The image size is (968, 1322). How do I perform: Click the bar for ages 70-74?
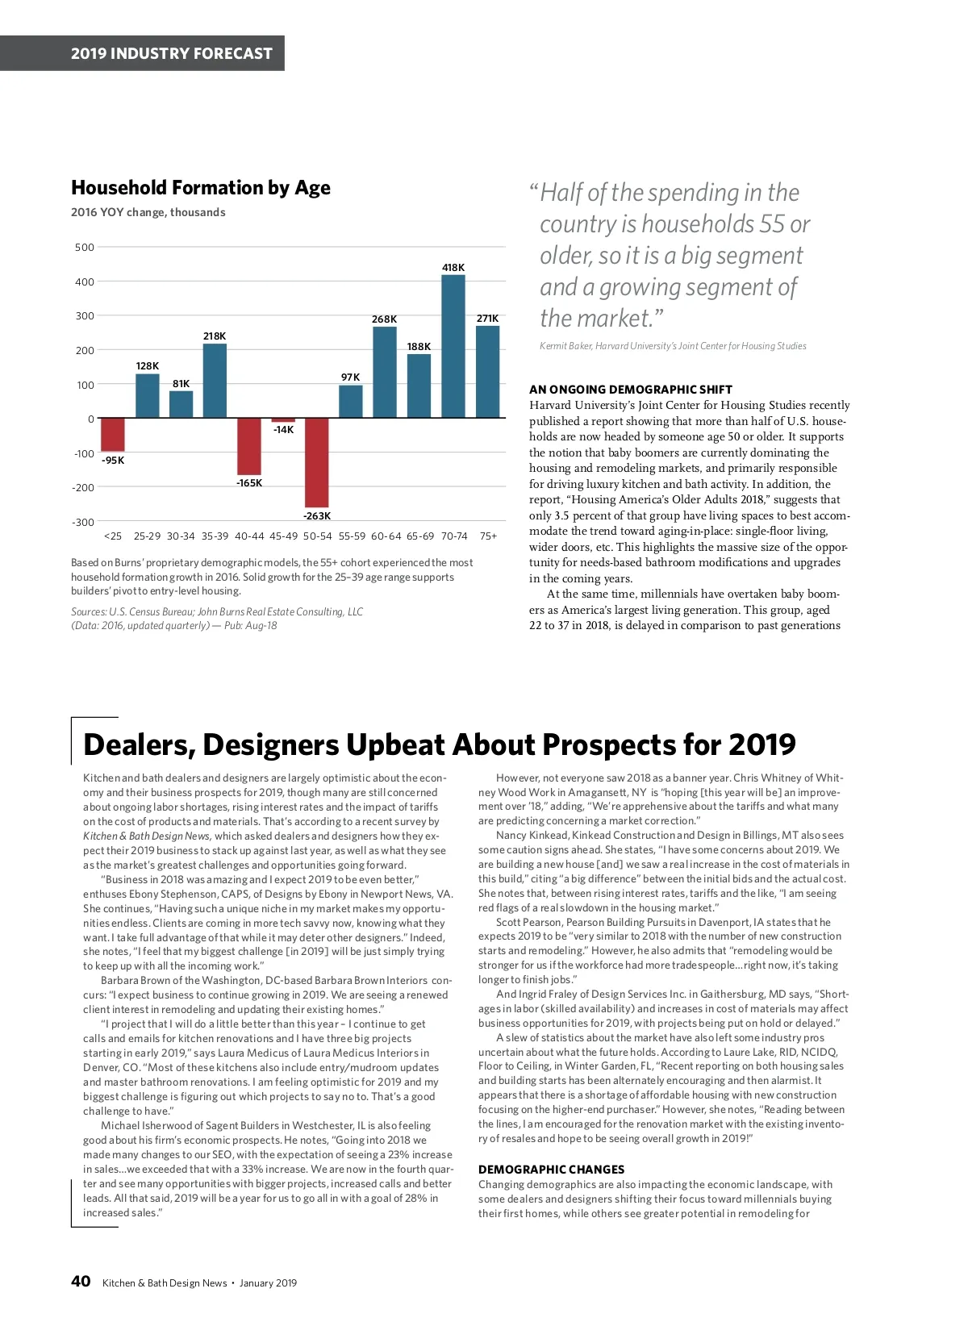click(453, 346)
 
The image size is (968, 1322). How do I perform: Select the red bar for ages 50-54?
click(316, 462)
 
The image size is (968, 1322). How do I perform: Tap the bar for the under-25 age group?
click(113, 434)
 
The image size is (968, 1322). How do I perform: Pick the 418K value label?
click(453, 267)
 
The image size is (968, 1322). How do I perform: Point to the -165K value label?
click(249, 482)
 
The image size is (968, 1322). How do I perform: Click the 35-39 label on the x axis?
click(215, 536)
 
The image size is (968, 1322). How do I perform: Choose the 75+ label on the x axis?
click(488, 536)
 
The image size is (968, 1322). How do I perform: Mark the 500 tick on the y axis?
click(85, 247)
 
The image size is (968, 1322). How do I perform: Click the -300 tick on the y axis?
click(84, 522)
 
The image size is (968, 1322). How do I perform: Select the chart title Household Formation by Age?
click(201, 188)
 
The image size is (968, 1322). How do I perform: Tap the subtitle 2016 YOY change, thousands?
click(148, 212)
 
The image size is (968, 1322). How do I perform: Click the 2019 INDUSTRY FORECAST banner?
click(171, 53)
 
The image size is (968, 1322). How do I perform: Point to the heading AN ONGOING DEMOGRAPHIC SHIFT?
click(631, 389)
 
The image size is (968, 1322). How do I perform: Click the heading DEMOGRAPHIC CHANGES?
click(551, 1169)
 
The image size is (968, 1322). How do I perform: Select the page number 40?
click(81, 1281)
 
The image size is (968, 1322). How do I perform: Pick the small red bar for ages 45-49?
click(283, 420)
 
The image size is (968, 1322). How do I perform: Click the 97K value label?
click(350, 377)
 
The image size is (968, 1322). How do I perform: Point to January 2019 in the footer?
click(268, 1282)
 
